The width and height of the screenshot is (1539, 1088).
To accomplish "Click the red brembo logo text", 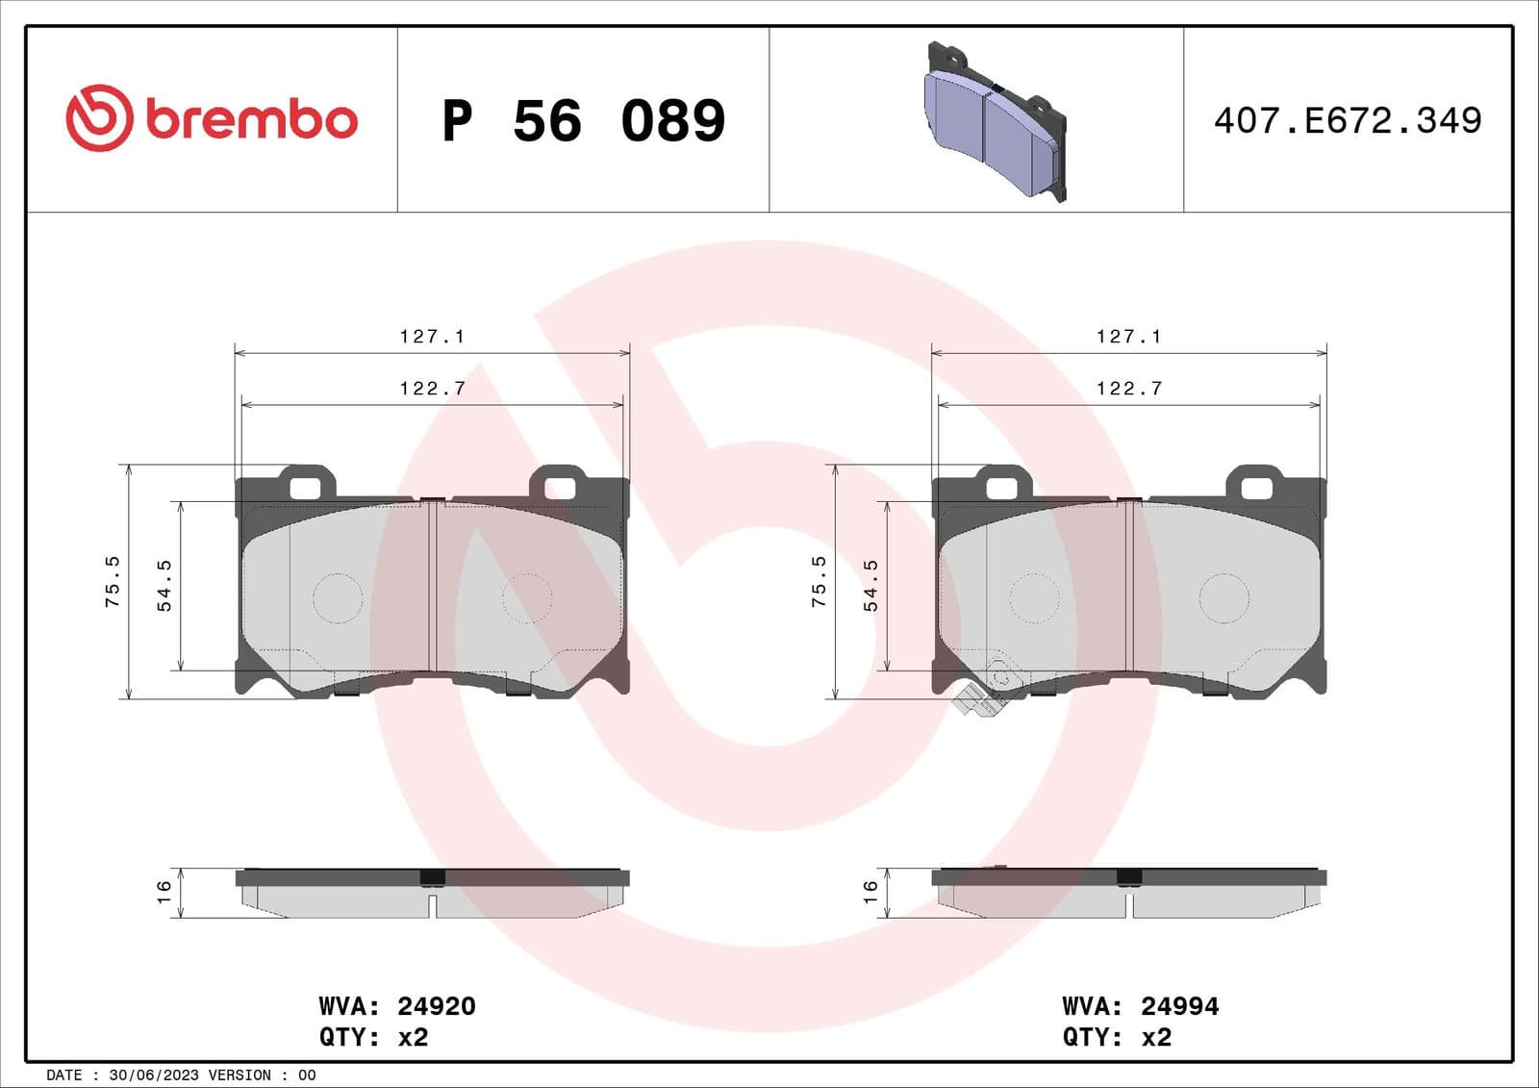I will [251, 120].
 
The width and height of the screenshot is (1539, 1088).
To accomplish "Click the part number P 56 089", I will [583, 121].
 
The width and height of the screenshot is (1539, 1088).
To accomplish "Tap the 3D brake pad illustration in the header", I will [996, 122].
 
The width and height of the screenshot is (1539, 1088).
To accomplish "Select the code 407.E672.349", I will [1347, 121].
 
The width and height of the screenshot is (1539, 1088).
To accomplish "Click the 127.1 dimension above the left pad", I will [432, 337].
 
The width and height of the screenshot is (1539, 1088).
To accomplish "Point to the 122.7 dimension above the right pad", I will [1129, 389].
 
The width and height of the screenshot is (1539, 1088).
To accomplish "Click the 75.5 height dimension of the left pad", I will [113, 581].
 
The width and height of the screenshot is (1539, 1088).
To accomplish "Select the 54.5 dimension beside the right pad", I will [870, 586].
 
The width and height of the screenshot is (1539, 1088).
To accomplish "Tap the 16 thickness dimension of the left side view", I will [164, 892].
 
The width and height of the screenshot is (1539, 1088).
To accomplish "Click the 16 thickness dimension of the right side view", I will [870, 892].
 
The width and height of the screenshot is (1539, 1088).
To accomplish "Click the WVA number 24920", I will [436, 1006].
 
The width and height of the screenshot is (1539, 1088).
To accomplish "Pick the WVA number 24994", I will [1179, 1006].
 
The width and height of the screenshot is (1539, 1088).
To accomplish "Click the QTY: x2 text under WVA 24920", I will [373, 1037].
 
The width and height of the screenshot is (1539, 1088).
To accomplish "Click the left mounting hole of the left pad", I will [305, 488].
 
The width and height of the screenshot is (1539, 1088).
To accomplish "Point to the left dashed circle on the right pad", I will [1034, 597].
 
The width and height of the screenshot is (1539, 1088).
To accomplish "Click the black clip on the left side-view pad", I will [433, 877].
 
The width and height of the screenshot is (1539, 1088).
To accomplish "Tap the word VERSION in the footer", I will [240, 1075].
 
